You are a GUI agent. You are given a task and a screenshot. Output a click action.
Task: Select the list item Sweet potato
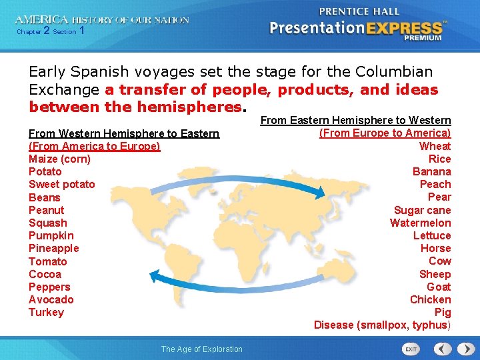point(62,184)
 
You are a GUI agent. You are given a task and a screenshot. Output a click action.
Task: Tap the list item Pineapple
point(53,248)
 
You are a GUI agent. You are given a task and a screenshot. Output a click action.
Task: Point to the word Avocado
point(51,299)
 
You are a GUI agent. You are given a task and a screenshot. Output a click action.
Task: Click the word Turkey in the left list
point(46,312)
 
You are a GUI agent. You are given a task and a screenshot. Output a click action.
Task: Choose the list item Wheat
point(435,146)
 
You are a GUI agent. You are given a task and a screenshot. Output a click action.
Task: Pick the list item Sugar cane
point(422,210)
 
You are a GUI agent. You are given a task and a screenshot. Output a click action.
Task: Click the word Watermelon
point(420,223)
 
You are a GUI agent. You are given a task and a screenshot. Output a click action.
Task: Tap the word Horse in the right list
point(435,248)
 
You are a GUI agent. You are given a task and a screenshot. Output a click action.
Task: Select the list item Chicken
point(430,299)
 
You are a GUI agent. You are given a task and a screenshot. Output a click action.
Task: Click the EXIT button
point(411,349)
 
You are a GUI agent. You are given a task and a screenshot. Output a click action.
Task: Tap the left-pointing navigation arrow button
point(443,349)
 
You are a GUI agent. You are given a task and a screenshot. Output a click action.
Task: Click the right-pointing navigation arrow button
point(463,349)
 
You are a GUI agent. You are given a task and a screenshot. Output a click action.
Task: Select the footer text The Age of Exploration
point(202,349)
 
